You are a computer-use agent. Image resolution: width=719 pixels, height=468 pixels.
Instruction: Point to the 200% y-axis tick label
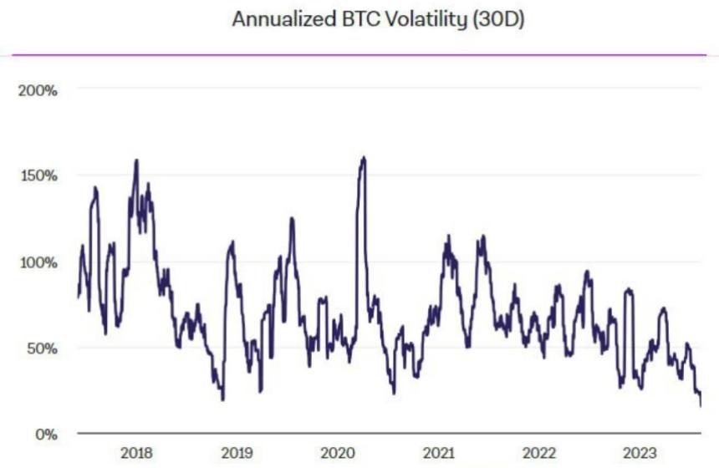tap(38, 90)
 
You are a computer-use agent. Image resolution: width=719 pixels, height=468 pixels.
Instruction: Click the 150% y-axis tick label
tap(38, 176)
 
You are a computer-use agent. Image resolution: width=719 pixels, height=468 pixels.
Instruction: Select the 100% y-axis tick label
tap(38, 262)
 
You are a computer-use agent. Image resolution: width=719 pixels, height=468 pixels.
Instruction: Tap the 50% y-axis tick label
tap(41, 348)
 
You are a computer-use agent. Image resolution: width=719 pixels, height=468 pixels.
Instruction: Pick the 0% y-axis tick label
tap(44, 435)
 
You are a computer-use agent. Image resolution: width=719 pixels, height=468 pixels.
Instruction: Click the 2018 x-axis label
tap(136, 453)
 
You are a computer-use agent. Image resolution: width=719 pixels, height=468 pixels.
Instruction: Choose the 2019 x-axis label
tap(237, 453)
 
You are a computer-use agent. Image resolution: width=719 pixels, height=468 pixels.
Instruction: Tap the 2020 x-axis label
tap(337, 453)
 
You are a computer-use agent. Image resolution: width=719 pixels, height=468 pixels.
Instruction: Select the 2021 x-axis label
tap(438, 453)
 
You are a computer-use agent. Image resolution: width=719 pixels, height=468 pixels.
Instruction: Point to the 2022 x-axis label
tap(538, 453)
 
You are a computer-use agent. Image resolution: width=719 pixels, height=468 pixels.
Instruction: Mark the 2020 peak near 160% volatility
tap(363, 157)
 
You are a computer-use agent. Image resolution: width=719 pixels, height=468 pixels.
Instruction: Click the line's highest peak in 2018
tap(136, 160)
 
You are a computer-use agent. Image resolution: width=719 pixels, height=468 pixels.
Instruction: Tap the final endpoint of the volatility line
tap(701, 406)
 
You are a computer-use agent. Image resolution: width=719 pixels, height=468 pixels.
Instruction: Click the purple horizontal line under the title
tap(359, 55)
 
